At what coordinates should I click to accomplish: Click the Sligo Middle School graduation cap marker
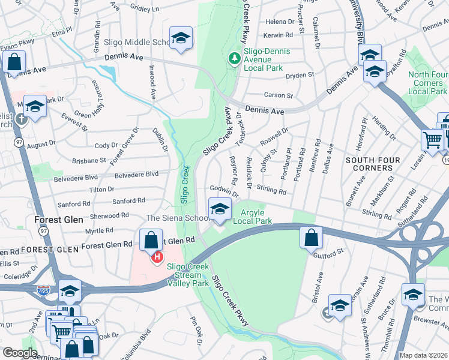coord(181,38)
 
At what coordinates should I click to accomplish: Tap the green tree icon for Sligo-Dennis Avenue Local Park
coord(234,58)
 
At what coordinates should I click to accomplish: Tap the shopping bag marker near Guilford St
coord(312,238)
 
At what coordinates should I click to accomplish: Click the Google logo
coord(20,353)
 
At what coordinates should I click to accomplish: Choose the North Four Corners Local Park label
coord(427,83)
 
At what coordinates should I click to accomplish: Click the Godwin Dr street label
coord(224,191)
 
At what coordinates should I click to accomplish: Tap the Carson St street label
coord(279,95)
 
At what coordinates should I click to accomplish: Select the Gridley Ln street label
coord(144,9)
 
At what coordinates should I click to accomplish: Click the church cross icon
coord(21,118)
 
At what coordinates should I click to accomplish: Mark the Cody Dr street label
coord(106,145)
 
